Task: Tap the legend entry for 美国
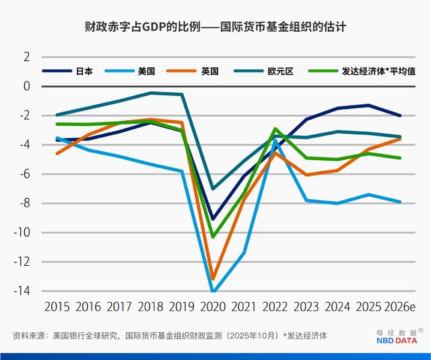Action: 146,71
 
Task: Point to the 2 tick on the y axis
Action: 27,57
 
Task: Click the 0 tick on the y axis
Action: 27,86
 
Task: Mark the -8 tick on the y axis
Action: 25,203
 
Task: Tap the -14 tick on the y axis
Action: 23,291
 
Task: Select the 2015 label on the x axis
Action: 57,307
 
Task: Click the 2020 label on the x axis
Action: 213,307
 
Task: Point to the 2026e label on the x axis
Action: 400,307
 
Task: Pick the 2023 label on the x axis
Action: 306,307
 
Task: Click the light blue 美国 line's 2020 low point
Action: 213,291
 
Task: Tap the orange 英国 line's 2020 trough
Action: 213,279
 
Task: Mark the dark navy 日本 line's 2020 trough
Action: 213,219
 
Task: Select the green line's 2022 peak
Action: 275,129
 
